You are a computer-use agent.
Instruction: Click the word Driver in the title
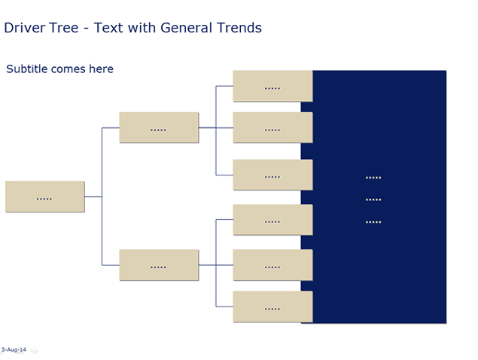click(24, 28)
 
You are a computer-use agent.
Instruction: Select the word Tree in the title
click(64, 28)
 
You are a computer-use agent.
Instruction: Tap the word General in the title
click(186, 28)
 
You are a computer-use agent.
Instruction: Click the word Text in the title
click(108, 28)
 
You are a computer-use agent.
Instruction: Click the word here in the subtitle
click(101, 69)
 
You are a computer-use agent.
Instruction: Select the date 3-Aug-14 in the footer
click(14, 349)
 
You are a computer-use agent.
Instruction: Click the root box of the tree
click(45, 197)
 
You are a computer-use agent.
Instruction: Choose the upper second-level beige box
click(159, 127)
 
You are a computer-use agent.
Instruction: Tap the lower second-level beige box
click(159, 265)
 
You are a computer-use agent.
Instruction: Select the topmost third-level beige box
click(272, 86)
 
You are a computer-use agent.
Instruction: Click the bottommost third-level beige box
click(272, 307)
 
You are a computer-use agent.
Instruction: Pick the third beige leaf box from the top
click(272, 175)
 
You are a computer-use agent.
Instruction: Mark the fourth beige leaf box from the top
click(272, 220)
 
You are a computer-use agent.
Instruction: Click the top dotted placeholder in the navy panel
click(373, 178)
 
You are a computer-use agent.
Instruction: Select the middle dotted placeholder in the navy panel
click(373, 200)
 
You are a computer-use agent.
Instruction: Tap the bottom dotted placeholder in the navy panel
click(373, 222)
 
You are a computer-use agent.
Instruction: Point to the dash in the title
click(87, 29)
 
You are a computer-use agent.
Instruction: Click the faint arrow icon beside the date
click(35, 350)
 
